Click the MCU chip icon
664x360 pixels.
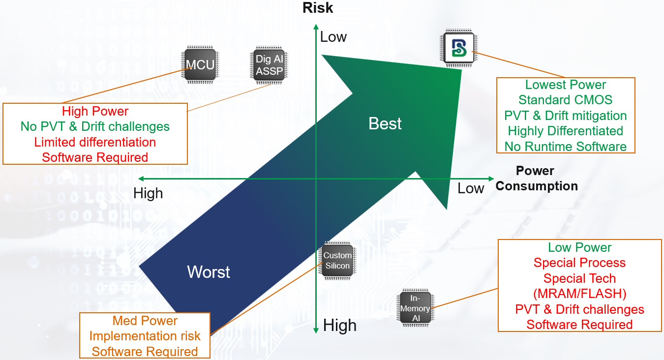click(201, 64)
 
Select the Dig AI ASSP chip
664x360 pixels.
click(270, 65)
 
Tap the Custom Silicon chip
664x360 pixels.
click(337, 261)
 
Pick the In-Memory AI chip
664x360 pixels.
click(415, 308)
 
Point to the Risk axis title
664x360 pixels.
click(318, 8)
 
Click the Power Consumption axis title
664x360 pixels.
click(536, 179)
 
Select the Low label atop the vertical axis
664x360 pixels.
click(333, 37)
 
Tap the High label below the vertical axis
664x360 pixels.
click(339, 326)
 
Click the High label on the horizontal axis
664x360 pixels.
click(148, 194)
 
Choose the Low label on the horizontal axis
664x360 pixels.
click(471, 188)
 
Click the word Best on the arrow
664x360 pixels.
click(385, 123)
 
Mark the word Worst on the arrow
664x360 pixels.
click(209, 272)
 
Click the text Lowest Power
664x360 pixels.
click(566, 85)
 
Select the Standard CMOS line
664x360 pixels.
click(566, 100)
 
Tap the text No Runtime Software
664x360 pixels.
click(566, 147)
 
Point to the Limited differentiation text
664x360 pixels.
click(95, 142)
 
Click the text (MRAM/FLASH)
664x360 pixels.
click(579, 294)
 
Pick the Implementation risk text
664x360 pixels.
click(145, 336)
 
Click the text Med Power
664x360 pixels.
click(145, 321)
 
